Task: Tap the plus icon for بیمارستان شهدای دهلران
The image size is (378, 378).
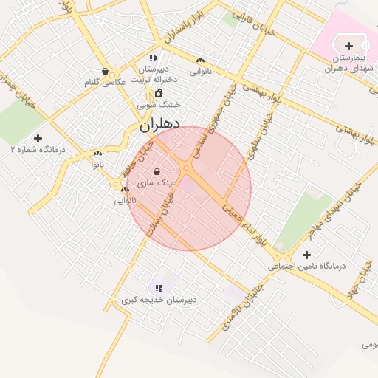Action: click(348, 47)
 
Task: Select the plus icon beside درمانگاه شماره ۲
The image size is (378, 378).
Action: click(38, 137)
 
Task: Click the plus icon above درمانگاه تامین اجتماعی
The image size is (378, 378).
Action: click(306, 255)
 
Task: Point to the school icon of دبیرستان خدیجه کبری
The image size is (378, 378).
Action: click(158, 288)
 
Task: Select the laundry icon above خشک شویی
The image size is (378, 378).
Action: click(159, 93)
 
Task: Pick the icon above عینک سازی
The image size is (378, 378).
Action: click(156, 172)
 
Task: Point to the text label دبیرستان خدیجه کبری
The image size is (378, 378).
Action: click(159, 300)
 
